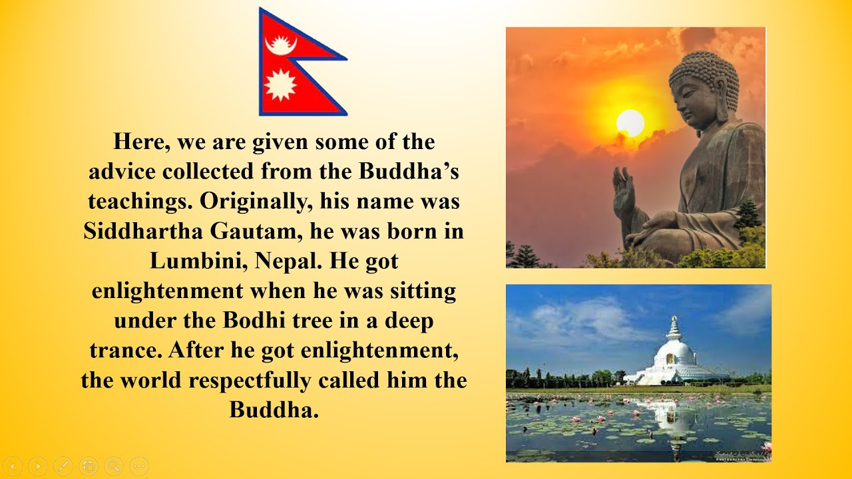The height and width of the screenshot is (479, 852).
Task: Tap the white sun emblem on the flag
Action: coord(280,84)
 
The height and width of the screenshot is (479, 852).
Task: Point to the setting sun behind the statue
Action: coord(630,123)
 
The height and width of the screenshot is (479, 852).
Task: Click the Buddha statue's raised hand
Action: coord(624,194)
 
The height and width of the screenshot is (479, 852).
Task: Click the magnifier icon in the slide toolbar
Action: coord(113,466)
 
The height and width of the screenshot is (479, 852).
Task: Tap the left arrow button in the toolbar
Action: coord(13,466)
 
